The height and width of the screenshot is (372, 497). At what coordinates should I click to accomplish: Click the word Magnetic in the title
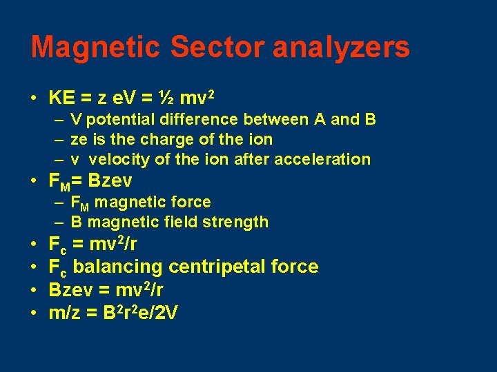(x=95, y=48)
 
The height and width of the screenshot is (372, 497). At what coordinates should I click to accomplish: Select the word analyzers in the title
(x=341, y=48)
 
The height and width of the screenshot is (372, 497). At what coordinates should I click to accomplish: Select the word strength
(x=235, y=222)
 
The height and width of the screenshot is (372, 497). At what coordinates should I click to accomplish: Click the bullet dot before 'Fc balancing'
(x=34, y=267)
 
